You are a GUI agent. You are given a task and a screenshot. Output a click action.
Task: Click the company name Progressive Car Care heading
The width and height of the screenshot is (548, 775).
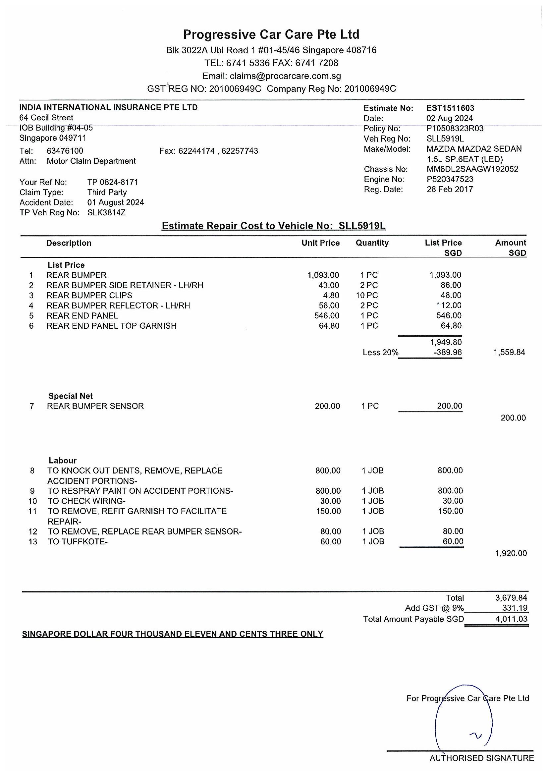click(x=271, y=34)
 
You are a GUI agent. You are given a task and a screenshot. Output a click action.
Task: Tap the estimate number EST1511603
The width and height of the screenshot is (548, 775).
click(x=450, y=108)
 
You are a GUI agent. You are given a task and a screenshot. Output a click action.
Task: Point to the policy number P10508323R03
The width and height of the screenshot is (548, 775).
click(x=455, y=129)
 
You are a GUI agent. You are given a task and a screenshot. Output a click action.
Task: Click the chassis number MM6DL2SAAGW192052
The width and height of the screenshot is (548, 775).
click(x=472, y=169)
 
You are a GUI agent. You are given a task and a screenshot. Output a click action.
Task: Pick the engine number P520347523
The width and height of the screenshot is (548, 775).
click(x=450, y=179)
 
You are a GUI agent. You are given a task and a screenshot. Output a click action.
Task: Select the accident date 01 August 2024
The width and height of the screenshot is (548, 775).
click(x=115, y=202)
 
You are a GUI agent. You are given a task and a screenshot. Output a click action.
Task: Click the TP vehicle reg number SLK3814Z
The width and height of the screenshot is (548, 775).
click(x=106, y=213)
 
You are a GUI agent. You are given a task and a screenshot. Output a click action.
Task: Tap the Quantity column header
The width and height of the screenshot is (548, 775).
click(x=372, y=243)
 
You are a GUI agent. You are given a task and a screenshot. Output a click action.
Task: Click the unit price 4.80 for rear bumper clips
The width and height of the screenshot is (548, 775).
click(x=331, y=295)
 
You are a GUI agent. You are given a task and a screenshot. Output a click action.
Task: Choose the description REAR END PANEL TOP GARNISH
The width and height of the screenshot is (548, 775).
click(x=111, y=326)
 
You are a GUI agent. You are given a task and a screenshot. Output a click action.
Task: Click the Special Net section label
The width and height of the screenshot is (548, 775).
click(x=70, y=396)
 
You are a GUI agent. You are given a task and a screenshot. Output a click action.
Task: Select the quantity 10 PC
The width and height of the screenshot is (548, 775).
click(x=366, y=295)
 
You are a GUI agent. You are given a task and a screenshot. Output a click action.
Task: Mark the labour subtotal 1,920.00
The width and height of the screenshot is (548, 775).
click(x=511, y=553)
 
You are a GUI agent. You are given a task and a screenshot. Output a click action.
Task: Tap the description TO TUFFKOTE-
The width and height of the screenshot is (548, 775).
click(x=77, y=542)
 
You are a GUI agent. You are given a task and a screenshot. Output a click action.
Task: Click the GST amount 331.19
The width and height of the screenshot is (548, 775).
click(x=515, y=608)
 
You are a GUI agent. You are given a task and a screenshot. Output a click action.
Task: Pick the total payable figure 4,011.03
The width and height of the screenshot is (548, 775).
click(x=511, y=619)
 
